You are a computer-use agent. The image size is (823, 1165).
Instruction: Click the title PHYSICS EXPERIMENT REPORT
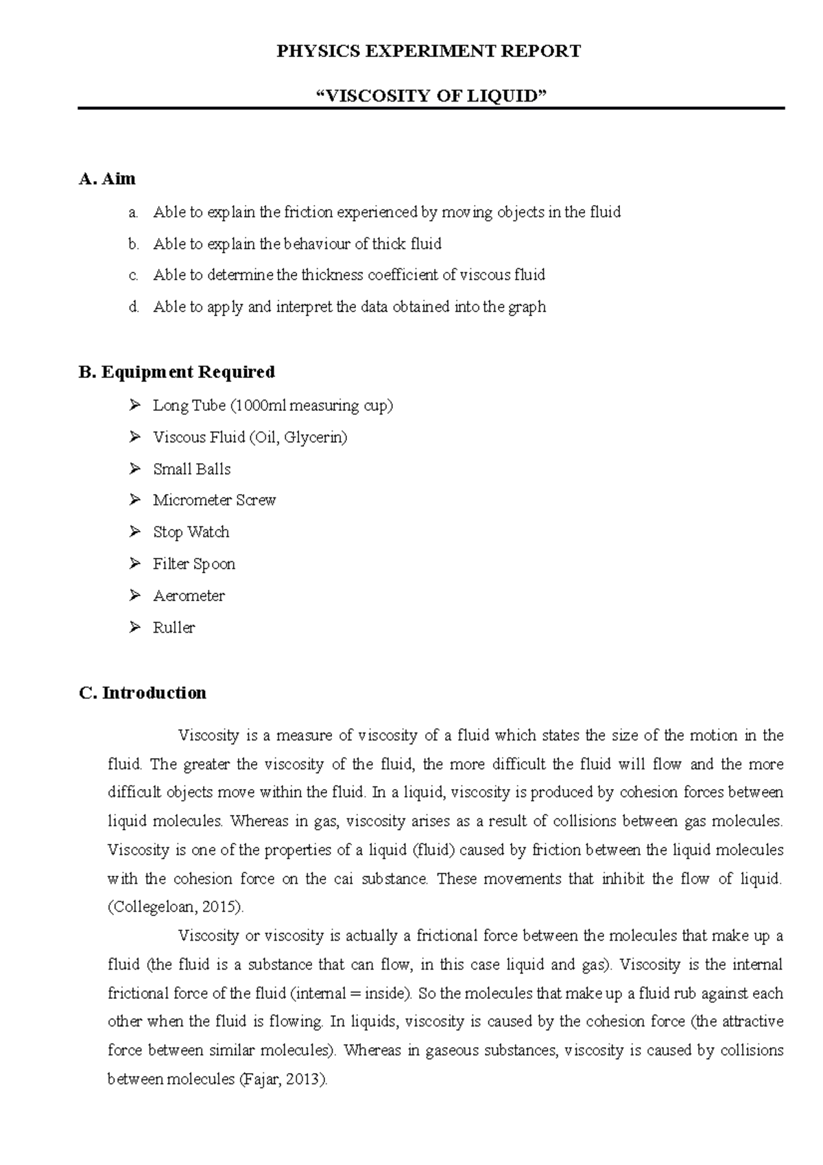[429, 51]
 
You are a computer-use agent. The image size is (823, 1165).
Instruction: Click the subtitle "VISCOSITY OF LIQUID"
[430, 95]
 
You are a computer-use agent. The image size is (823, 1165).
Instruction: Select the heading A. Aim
[108, 179]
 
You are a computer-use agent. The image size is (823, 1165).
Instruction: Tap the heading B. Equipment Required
[177, 372]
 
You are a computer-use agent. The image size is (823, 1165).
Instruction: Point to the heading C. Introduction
[143, 693]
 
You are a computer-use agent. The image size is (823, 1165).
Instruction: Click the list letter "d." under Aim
[134, 307]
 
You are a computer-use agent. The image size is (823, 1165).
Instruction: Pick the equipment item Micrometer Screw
[214, 500]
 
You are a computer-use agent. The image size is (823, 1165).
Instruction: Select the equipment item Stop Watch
[191, 532]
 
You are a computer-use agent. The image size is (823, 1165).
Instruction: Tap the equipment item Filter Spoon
[194, 564]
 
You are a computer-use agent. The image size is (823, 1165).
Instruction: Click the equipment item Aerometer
[189, 596]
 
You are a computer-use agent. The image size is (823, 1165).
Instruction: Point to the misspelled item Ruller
[174, 627]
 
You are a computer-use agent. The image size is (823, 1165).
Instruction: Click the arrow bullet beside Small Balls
[134, 469]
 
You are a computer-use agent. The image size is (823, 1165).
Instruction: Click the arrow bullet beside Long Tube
[134, 405]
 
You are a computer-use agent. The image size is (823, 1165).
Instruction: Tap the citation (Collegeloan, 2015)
[176, 907]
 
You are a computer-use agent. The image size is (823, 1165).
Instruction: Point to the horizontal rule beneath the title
[430, 108]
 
